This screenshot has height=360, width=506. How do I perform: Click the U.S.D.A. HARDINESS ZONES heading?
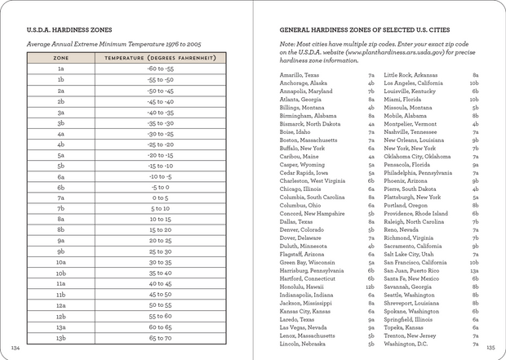point(71,28)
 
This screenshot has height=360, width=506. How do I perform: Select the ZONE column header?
point(60,59)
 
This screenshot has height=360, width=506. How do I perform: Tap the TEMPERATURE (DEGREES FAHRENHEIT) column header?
point(159,59)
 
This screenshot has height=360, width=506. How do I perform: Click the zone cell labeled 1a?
point(60,69)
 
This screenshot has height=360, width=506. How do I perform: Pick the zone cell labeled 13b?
point(60,336)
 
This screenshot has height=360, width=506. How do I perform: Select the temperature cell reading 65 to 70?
point(159,336)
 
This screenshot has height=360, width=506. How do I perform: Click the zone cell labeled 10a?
point(60,262)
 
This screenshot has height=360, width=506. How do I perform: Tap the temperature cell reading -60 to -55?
point(159,69)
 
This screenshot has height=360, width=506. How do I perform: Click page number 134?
point(15,345)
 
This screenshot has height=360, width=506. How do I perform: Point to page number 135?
point(490,345)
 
